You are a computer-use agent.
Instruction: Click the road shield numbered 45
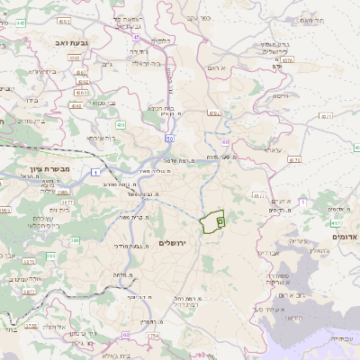pyautogui.click(x=135, y=37)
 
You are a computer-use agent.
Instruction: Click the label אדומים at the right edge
pyautogui.click(x=345, y=236)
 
